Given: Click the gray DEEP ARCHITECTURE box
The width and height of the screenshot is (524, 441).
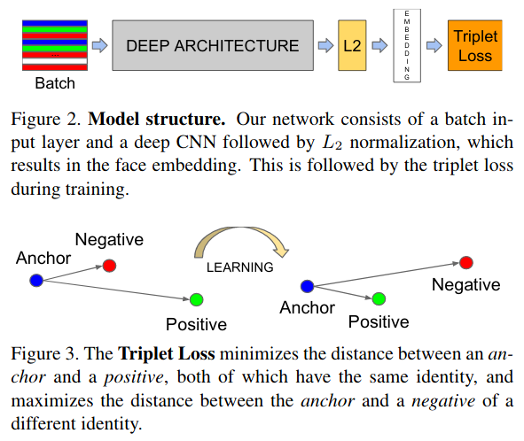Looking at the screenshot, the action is (213, 45).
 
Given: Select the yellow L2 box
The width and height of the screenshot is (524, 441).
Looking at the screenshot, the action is (352, 45).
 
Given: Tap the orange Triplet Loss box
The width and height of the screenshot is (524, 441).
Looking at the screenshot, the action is (475, 45).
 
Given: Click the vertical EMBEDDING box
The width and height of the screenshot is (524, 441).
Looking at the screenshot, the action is (407, 45).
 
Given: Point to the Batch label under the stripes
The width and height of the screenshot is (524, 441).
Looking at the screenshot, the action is (55, 83).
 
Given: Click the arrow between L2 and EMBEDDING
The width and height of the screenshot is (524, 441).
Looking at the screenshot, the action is (379, 45).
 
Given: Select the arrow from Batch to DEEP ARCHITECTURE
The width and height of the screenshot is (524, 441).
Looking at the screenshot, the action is (99, 45).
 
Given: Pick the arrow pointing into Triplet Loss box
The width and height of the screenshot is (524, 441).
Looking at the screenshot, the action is (434, 45).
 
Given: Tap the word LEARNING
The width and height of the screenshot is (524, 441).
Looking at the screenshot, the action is (240, 267).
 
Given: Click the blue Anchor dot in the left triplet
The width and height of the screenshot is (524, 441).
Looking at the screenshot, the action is (36, 281).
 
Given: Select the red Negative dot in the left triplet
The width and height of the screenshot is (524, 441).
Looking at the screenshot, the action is (109, 266).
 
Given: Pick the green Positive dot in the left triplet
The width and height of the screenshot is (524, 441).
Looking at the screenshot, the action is (197, 300).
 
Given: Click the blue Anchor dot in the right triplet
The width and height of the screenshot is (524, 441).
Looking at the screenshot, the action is (307, 286).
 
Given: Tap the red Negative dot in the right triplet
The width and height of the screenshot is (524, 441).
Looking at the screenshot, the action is (466, 263).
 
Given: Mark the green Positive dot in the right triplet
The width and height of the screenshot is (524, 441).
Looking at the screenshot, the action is (379, 298).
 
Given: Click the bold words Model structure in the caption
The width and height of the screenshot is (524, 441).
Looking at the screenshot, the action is (156, 120).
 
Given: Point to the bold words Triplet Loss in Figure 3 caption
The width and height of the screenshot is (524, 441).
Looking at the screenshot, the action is (167, 354).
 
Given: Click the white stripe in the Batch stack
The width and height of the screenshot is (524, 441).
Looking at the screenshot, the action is (55, 61).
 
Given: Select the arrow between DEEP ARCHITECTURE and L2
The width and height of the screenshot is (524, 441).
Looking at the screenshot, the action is (325, 45).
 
